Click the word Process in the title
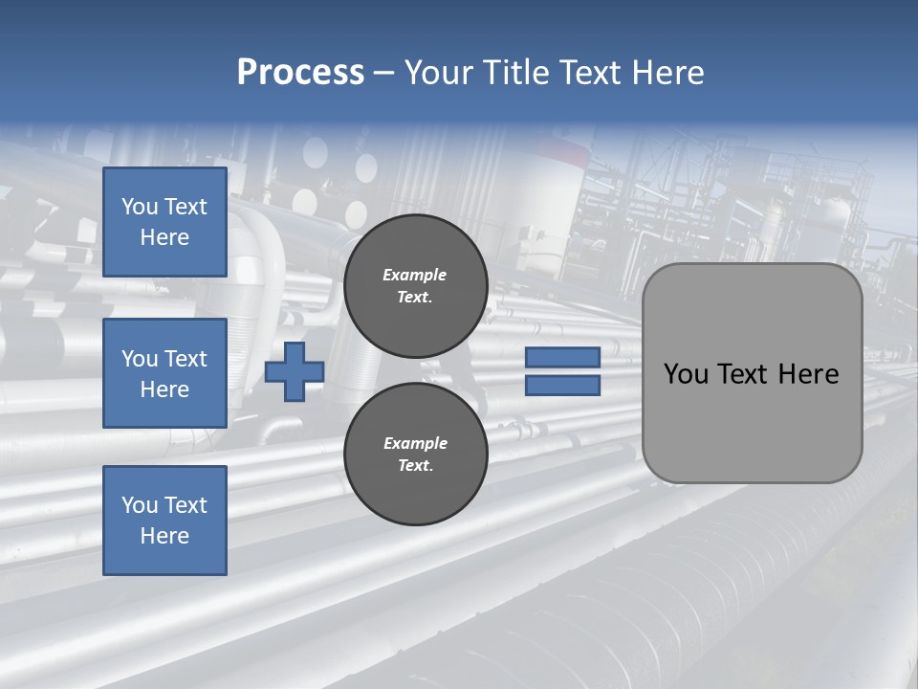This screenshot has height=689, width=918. click(x=300, y=73)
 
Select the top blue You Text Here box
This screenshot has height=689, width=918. click(x=164, y=222)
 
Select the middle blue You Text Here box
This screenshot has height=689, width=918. click(x=164, y=373)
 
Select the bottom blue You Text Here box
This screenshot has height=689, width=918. click(x=164, y=521)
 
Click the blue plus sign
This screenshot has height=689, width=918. click(x=295, y=372)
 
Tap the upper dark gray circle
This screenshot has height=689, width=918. click(x=415, y=286)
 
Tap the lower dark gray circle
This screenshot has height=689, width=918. click(x=415, y=455)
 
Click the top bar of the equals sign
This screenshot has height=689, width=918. click(x=562, y=358)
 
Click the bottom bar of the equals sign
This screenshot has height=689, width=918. click(x=562, y=386)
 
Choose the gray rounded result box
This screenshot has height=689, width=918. click(x=752, y=373)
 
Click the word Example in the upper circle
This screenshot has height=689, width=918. click(x=415, y=276)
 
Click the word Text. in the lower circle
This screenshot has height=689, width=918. click(x=415, y=466)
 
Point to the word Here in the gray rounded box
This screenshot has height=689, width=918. click(x=808, y=374)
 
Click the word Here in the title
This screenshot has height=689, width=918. click(x=669, y=73)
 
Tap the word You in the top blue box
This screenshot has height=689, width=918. click(x=139, y=207)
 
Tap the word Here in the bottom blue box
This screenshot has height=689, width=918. click(x=164, y=536)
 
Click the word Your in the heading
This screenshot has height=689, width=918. click(x=441, y=73)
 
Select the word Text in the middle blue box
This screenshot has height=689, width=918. click(x=186, y=359)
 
